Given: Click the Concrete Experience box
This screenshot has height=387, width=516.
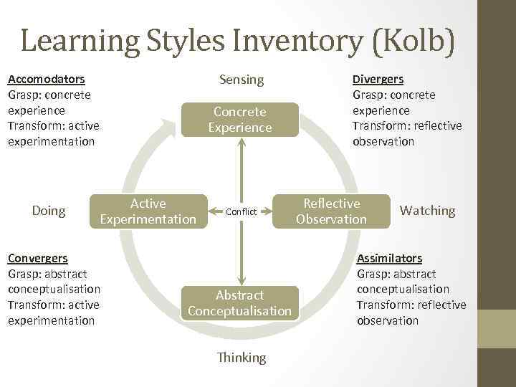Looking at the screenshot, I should [240, 120].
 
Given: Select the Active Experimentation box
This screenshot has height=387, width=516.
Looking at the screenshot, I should [148, 211].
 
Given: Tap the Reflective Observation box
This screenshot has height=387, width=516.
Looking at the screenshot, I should [331, 211].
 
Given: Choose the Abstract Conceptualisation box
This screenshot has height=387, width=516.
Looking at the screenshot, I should [239, 302].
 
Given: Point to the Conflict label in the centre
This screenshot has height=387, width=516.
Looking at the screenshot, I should [241, 211].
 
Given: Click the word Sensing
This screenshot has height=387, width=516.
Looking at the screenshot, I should [241, 80].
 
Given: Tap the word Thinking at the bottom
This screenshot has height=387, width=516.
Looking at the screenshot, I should [241, 357].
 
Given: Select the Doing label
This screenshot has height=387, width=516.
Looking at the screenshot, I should [49, 211].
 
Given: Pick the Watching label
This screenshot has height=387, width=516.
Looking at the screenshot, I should [427, 211].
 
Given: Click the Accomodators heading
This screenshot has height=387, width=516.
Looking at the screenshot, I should [46, 79].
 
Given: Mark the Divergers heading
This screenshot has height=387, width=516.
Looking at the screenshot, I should [378, 79].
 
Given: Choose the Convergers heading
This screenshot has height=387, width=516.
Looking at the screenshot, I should [38, 258].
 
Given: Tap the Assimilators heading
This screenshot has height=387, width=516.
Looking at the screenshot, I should [389, 258].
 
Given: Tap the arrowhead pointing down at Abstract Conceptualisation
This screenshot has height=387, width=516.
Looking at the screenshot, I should [242, 279].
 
